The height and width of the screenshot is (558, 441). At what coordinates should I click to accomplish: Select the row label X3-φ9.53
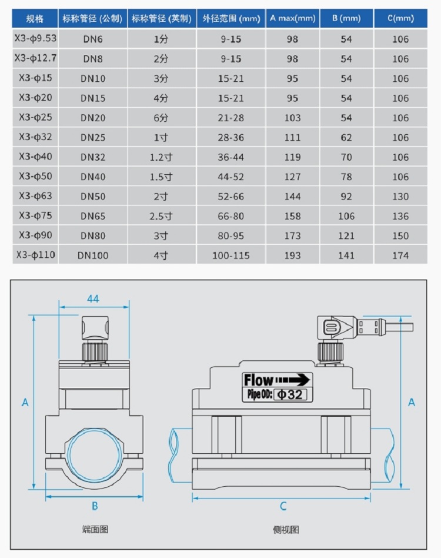pos(35,39)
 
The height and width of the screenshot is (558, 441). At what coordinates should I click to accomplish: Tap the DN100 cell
pos(93,255)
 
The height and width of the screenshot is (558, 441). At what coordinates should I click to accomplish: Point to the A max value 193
pos(292,255)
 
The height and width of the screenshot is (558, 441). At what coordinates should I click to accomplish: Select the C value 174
pos(400,255)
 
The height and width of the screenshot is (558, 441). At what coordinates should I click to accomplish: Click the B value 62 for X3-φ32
pos(346,138)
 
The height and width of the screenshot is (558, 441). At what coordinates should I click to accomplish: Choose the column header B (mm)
pos(346,18)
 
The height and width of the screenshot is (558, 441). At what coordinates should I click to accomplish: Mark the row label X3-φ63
pos(35,196)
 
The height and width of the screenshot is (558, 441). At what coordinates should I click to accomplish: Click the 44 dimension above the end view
pos(93,298)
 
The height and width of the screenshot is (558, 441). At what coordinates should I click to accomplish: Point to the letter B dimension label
pos(95,506)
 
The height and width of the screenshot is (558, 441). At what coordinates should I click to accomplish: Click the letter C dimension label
pos(283,506)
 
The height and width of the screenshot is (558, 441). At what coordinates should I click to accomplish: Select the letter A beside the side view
pos(412,402)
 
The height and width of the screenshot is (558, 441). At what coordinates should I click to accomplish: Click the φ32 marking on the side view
pos(290,394)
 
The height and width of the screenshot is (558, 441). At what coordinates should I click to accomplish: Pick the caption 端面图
pos(95,529)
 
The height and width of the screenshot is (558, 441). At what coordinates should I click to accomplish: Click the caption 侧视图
pos(286,529)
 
